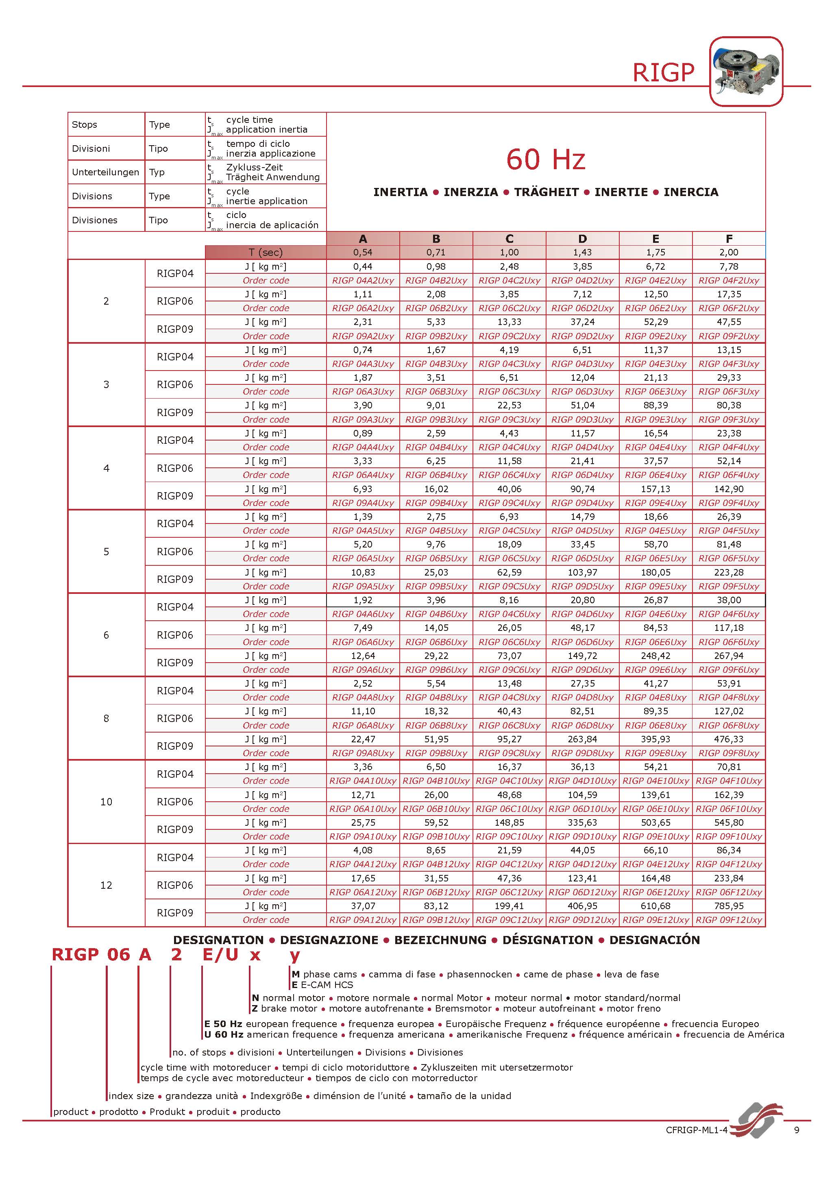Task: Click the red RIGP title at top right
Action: point(663,72)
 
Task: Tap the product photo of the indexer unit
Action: point(746,72)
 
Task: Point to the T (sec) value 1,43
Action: point(582,252)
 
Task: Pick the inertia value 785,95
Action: point(729,906)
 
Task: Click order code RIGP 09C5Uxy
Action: point(509,587)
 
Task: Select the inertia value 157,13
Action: point(655,489)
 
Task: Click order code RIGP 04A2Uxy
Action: point(363,281)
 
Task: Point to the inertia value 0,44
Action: point(363,267)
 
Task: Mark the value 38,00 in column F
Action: point(729,600)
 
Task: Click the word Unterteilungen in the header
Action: point(105,172)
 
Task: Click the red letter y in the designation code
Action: point(294,955)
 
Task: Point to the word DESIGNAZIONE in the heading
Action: point(329,940)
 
